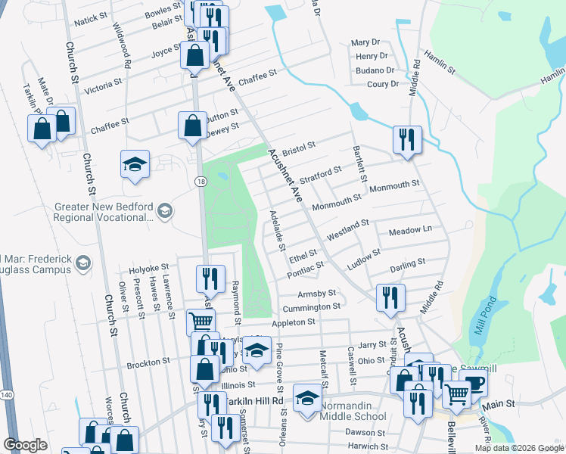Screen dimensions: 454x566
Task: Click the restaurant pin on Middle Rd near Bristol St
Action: [407, 140]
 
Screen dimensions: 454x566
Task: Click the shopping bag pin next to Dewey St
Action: [192, 125]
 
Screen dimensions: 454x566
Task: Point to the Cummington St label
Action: [311, 308]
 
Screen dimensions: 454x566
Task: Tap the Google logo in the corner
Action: [25, 445]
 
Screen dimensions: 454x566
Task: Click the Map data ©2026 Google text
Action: [518, 448]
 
